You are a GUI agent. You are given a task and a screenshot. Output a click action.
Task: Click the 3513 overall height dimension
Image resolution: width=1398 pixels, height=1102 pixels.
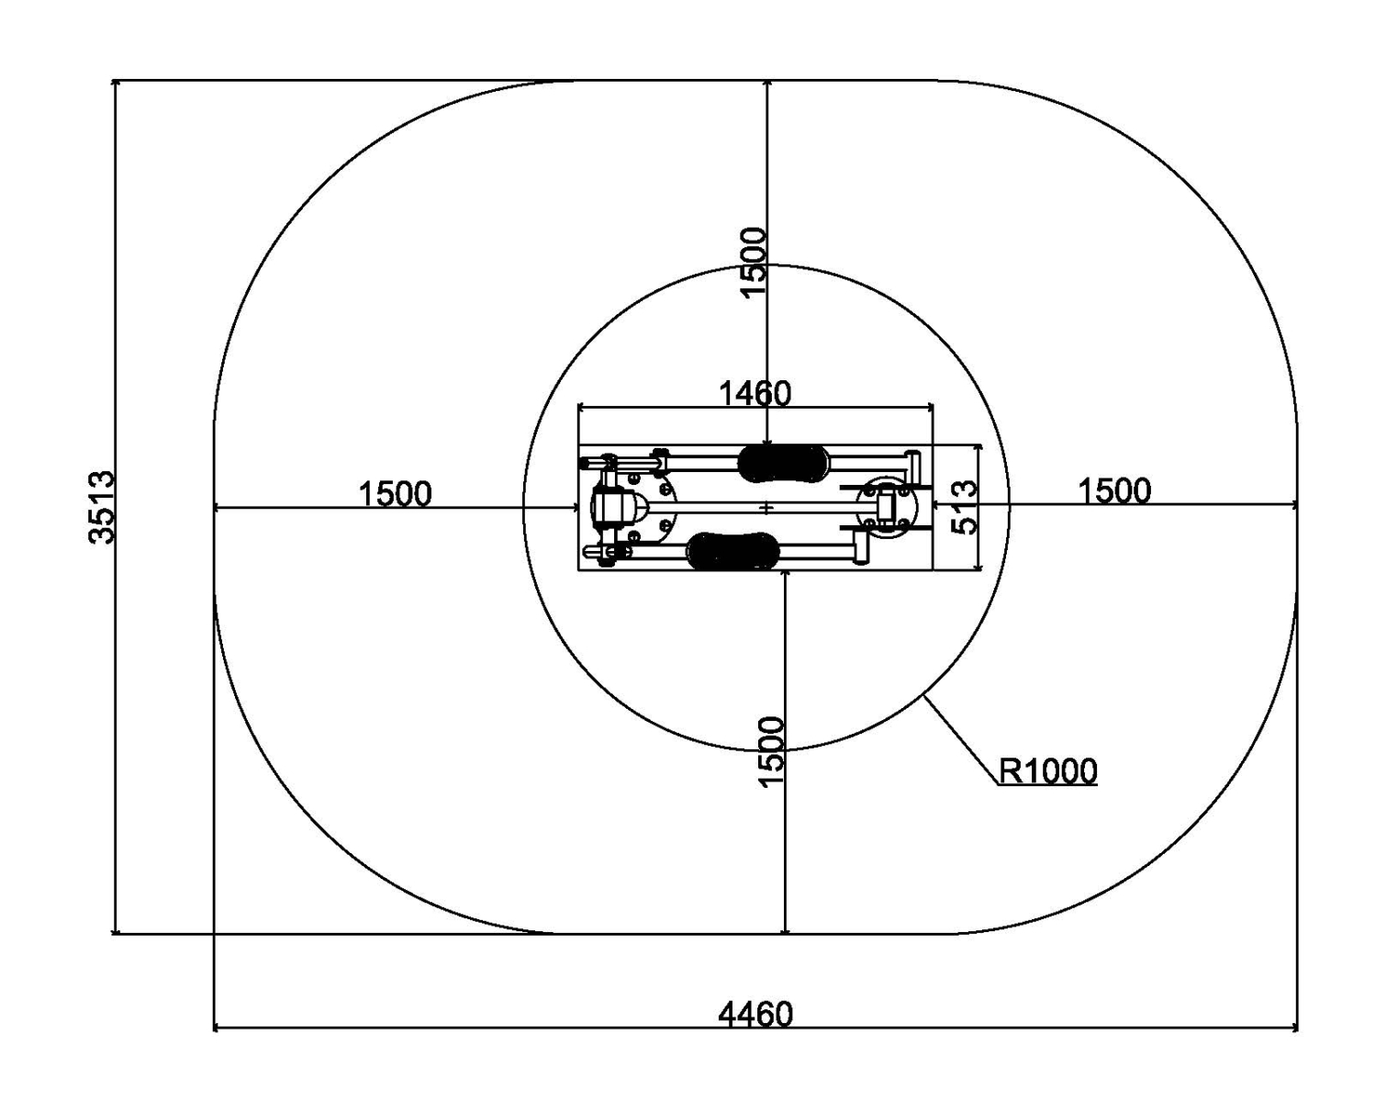(x=101, y=507)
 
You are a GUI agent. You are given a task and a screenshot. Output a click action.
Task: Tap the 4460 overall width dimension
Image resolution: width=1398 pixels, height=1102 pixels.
(x=755, y=1015)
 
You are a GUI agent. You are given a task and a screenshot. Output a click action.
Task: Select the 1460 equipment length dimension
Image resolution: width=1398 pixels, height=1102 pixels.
(x=755, y=393)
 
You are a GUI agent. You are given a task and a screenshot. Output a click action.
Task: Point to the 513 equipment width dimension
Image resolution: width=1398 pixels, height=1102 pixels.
(x=965, y=507)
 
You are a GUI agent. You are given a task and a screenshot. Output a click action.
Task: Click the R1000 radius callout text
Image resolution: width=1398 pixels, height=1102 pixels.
(x=1047, y=771)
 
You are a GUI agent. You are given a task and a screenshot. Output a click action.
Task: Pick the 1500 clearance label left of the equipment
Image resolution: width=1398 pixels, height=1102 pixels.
(x=395, y=494)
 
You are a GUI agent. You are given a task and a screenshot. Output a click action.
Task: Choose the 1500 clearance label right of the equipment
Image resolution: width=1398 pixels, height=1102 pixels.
(x=1114, y=491)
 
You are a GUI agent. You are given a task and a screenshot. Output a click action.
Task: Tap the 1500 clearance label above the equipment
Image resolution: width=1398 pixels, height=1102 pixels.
(x=754, y=262)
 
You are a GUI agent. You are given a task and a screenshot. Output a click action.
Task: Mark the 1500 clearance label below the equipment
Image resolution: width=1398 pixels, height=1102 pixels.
(x=772, y=751)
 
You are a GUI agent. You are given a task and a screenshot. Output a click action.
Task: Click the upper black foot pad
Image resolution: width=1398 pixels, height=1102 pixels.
(x=784, y=463)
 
